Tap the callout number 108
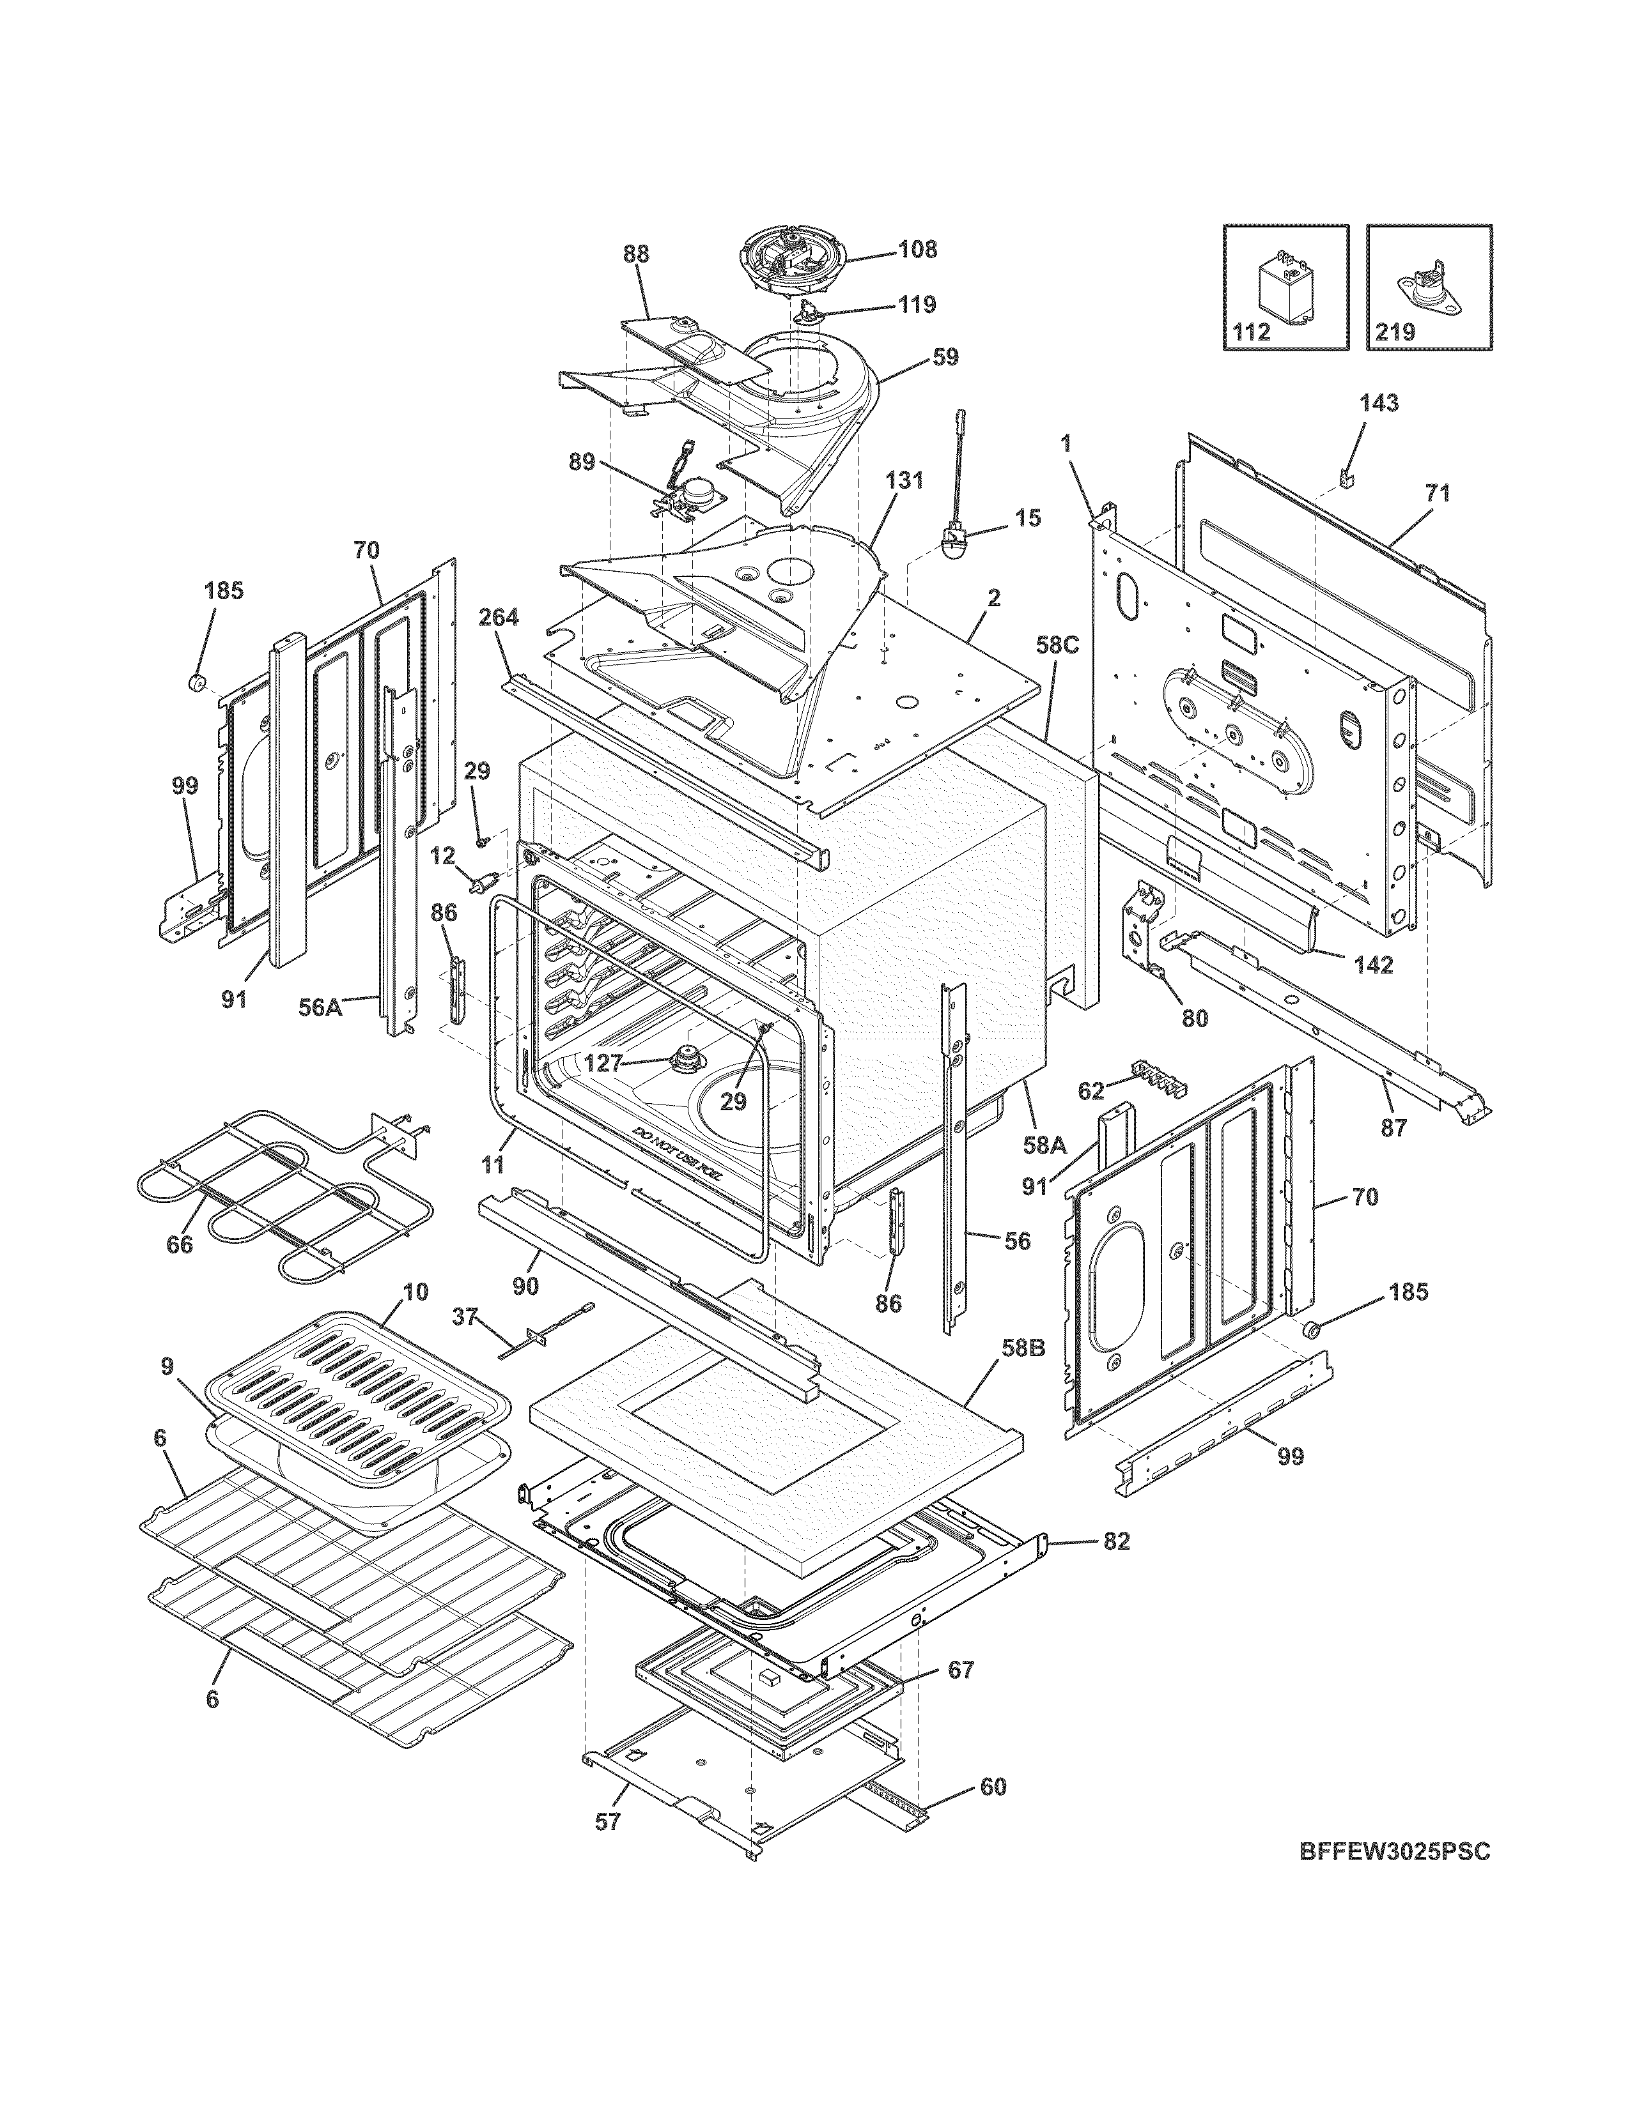click(917, 249)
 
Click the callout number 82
click(1115, 1541)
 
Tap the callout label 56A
click(321, 1007)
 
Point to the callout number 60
click(993, 1787)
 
